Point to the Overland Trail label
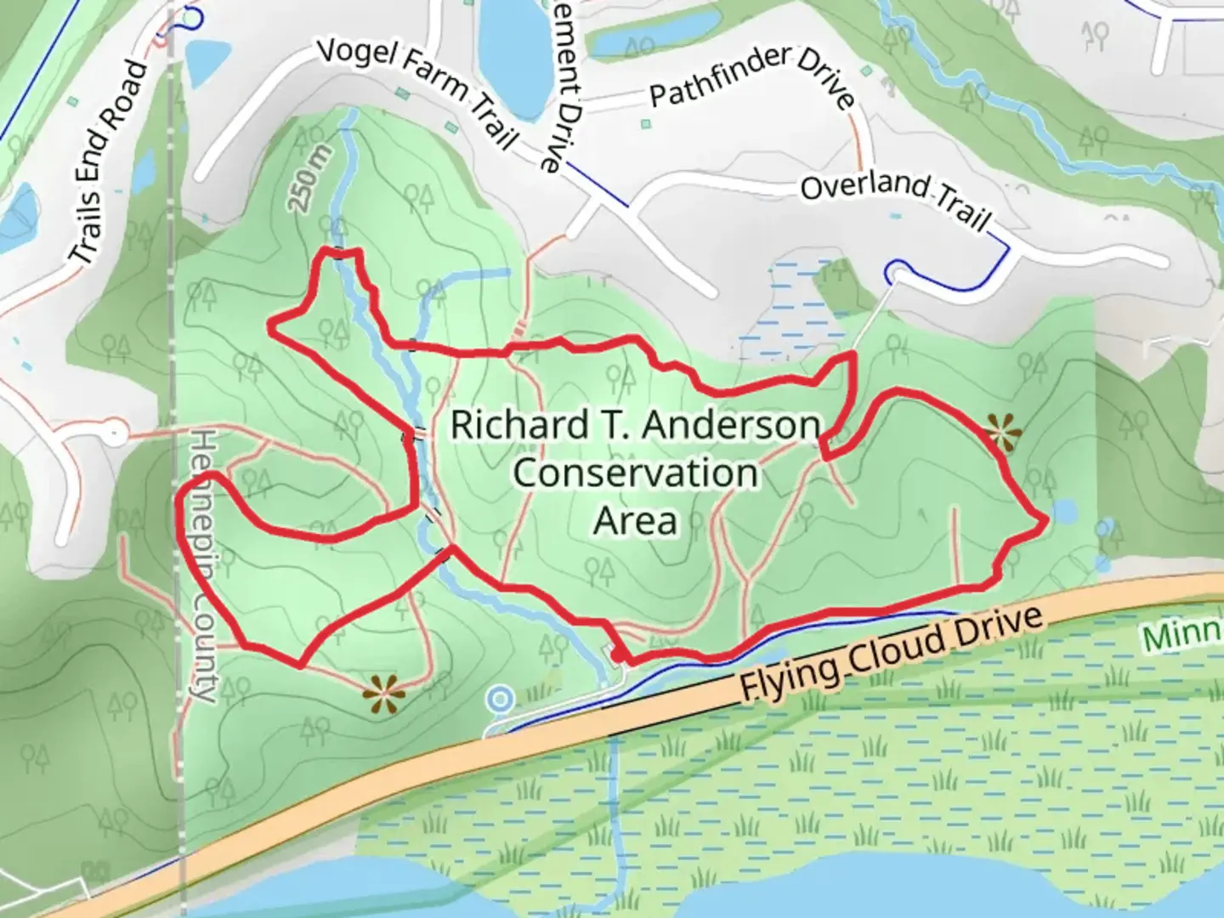896,201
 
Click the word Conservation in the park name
635,473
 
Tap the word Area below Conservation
635,520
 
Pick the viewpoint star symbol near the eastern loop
1004,433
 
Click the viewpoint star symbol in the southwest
382,694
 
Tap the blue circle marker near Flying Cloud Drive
501,700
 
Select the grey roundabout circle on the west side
115,433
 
